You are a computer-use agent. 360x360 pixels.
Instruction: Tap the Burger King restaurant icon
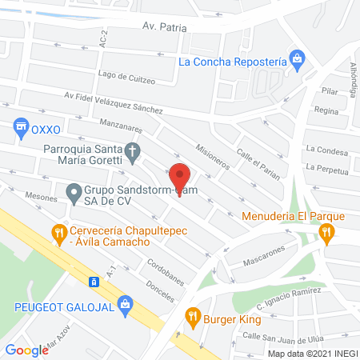(191, 315)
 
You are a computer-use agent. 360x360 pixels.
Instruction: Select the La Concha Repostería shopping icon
(297, 59)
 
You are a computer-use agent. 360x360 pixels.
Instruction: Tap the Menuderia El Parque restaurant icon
(326, 233)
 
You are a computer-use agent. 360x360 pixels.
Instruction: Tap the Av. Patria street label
(163, 26)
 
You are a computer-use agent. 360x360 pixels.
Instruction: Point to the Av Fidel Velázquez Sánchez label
(114, 102)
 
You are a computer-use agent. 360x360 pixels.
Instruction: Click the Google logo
(27, 350)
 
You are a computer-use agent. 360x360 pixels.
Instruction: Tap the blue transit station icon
(94, 282)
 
